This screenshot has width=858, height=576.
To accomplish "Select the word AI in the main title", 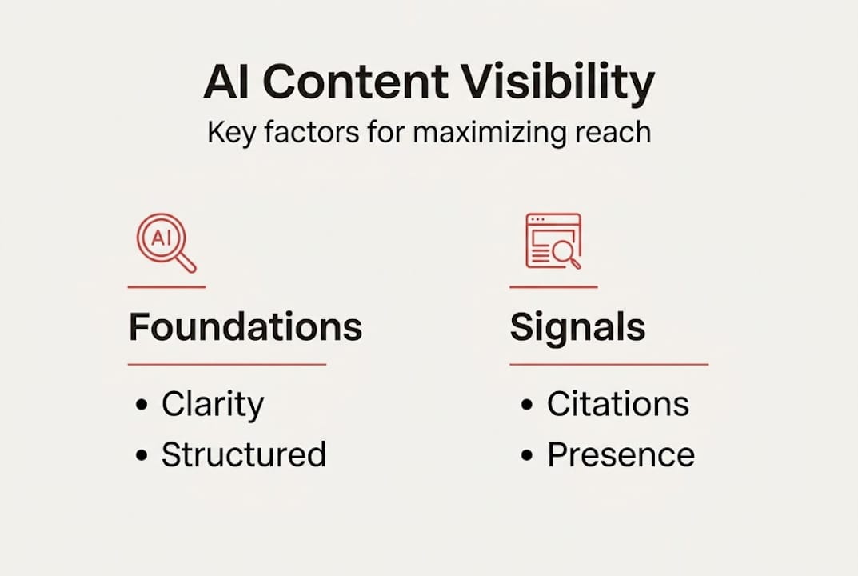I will click(x=229, y=82).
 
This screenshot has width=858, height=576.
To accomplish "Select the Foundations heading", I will click(x=245, y=327).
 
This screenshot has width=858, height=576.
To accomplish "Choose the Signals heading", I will click(x=577, y=327).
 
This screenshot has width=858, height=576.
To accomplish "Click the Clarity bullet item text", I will click(x=212, y=405).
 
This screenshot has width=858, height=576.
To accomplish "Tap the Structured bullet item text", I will click(x=243, y=454).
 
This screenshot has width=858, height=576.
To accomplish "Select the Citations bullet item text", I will click(x=617, y=405).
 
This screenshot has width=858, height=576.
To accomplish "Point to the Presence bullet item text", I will click(x=621, y=454).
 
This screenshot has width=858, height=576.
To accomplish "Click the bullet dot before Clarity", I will click(x=142, y=406).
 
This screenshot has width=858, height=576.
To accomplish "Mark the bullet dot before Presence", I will click(x=527, y=455).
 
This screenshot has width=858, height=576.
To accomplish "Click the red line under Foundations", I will click(x=227, y=364).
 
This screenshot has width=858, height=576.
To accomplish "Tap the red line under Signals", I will click(x=609, y=364).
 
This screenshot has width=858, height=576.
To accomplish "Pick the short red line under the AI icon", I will click(x=166, y=286).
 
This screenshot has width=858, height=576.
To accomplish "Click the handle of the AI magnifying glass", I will click(x=186, y=262).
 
